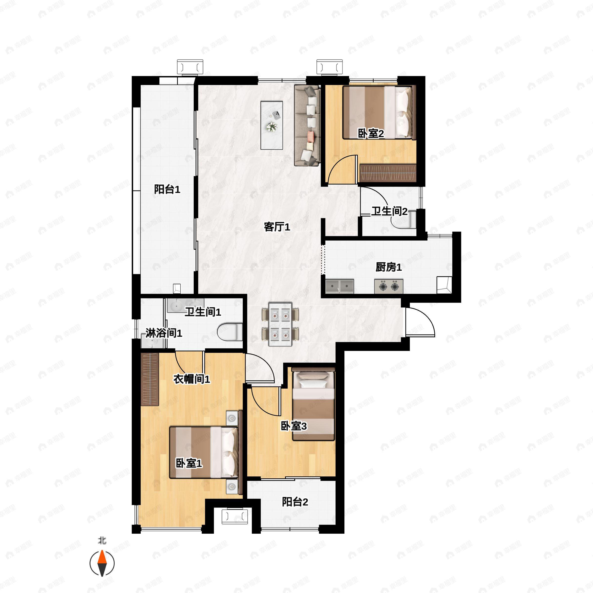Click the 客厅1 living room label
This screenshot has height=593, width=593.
[x=277, y=227]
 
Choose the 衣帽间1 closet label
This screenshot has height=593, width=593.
[x=192, y=379]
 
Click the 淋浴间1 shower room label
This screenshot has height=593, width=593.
[x=164, y=333]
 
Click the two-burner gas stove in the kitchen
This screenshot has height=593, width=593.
[x=389, y=286]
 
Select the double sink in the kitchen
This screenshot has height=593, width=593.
[x=340, y=286]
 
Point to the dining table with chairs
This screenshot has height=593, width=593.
[x=280, y=324]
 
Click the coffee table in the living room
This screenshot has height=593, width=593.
[x=272, y=125]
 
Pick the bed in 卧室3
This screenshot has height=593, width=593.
[x=313, y=404]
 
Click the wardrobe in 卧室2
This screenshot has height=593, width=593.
[x=388, y=173]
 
